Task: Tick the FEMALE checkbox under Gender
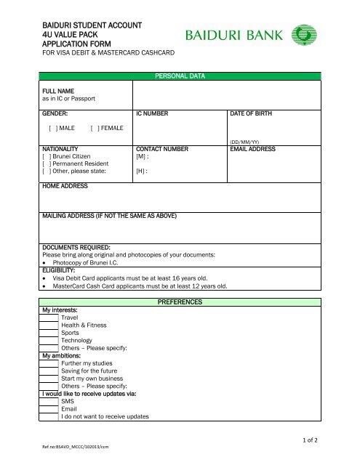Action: [x=93, y=128]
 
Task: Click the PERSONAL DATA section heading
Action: [x=180, y=76]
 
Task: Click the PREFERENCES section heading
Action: [x=180, y=301]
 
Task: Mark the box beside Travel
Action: [x=49, y=318]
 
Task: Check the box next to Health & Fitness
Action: [x=49, y=325]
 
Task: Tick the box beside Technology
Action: [x=49, y=340]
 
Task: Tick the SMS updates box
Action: [x=49, y=400]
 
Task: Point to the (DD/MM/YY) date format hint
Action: [x=244, y=142]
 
